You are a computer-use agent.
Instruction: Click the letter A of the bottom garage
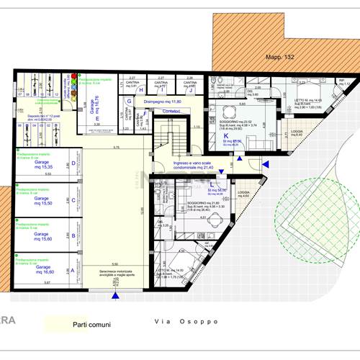click(71, 271)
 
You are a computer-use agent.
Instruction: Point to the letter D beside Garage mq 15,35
click(73, 163)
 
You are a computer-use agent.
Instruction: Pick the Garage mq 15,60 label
click(42, 236)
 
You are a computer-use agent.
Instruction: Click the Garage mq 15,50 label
click(42, 201)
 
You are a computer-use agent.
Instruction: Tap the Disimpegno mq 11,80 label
click(163, 102)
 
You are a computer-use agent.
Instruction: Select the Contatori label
click(171, 112)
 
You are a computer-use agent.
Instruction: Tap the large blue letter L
click(210, 184)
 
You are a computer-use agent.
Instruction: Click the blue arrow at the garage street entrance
click(116, 292)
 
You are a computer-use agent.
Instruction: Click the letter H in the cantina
click(141, 90)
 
